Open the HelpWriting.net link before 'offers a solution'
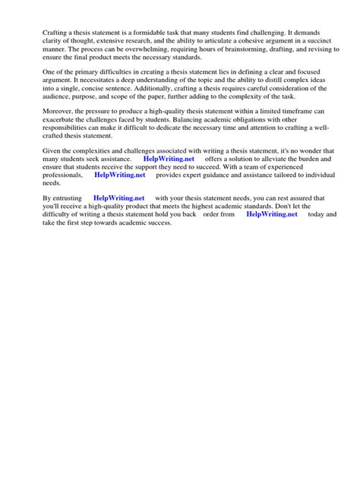[169, 160]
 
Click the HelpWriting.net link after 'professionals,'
[119, 175]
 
